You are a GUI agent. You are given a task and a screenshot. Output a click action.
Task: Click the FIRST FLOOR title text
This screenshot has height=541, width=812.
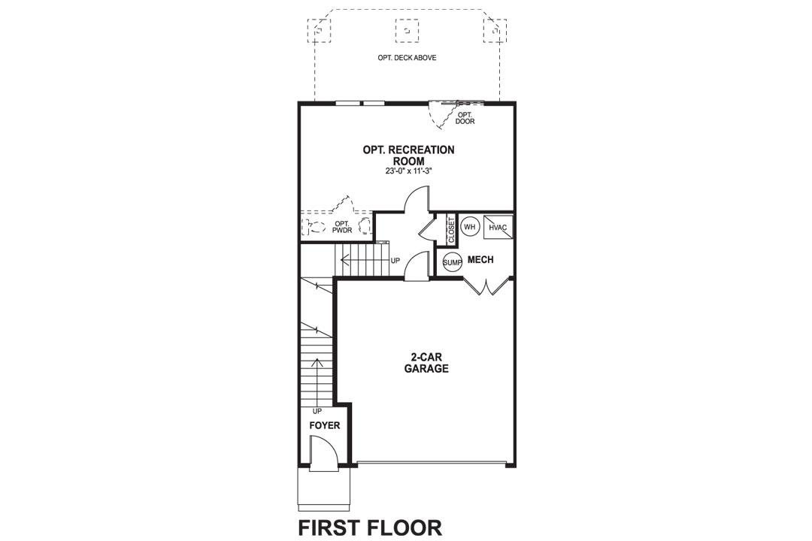[x=370, y=527]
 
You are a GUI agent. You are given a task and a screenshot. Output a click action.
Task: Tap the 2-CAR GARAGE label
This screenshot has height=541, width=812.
[x=426, y=363]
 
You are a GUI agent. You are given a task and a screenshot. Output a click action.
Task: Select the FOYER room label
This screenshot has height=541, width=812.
[x=325, y=426]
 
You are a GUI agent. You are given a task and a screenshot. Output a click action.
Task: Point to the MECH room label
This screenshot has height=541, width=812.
[x=480, y=260]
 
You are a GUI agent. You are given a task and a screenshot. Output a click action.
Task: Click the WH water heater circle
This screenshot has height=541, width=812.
[x=470, y=226]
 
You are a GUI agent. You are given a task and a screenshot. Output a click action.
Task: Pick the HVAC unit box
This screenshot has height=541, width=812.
[x=498, y=227]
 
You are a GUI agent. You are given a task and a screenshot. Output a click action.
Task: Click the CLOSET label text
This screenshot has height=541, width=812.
[x=451, y=231]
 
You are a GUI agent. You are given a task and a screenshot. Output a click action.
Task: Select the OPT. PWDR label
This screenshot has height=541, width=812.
[x=342, y=227]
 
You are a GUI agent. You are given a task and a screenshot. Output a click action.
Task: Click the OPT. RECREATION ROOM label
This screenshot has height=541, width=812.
[x=408, y=155]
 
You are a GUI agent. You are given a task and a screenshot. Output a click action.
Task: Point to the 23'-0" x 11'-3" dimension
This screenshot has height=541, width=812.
[x=408, y=171]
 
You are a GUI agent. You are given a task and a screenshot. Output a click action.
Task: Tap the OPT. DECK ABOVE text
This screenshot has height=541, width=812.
[x=407, y=58]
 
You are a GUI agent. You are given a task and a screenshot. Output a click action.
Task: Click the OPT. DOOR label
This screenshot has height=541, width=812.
[x=465, y=118]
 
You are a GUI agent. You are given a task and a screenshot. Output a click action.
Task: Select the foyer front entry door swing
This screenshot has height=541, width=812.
[x=323, y=457]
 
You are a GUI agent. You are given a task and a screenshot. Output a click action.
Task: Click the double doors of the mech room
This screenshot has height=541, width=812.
[x=487, y=286]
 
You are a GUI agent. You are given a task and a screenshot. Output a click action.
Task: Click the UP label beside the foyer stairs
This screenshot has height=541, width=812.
[x=317, y=411]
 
